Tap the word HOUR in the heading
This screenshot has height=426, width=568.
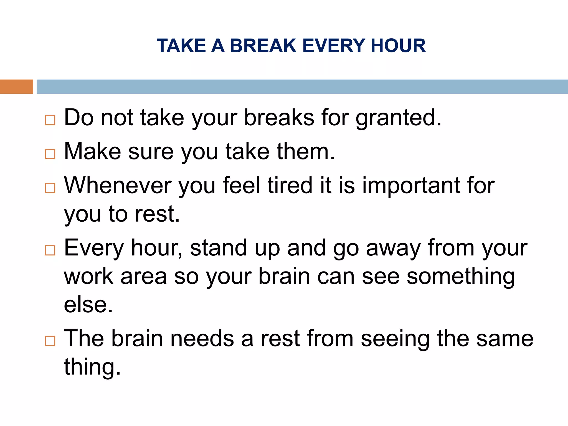click(398, 46)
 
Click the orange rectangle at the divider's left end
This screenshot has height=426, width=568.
click(16, 87)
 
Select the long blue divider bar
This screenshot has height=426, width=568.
click(302, 87)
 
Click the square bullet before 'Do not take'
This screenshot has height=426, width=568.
click(50, 120)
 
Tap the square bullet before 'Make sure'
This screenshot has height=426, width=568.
click(50, 154)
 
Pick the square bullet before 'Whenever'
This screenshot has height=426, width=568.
click(50, 188)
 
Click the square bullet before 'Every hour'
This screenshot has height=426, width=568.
click(50, 250)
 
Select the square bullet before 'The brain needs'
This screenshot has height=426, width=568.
click(50, 341)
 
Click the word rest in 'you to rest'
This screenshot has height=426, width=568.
click(157, 214)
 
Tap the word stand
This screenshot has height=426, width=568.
click(218, 248)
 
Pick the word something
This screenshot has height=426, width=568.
click(461, 277)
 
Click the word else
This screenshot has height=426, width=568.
click(88, 305)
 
